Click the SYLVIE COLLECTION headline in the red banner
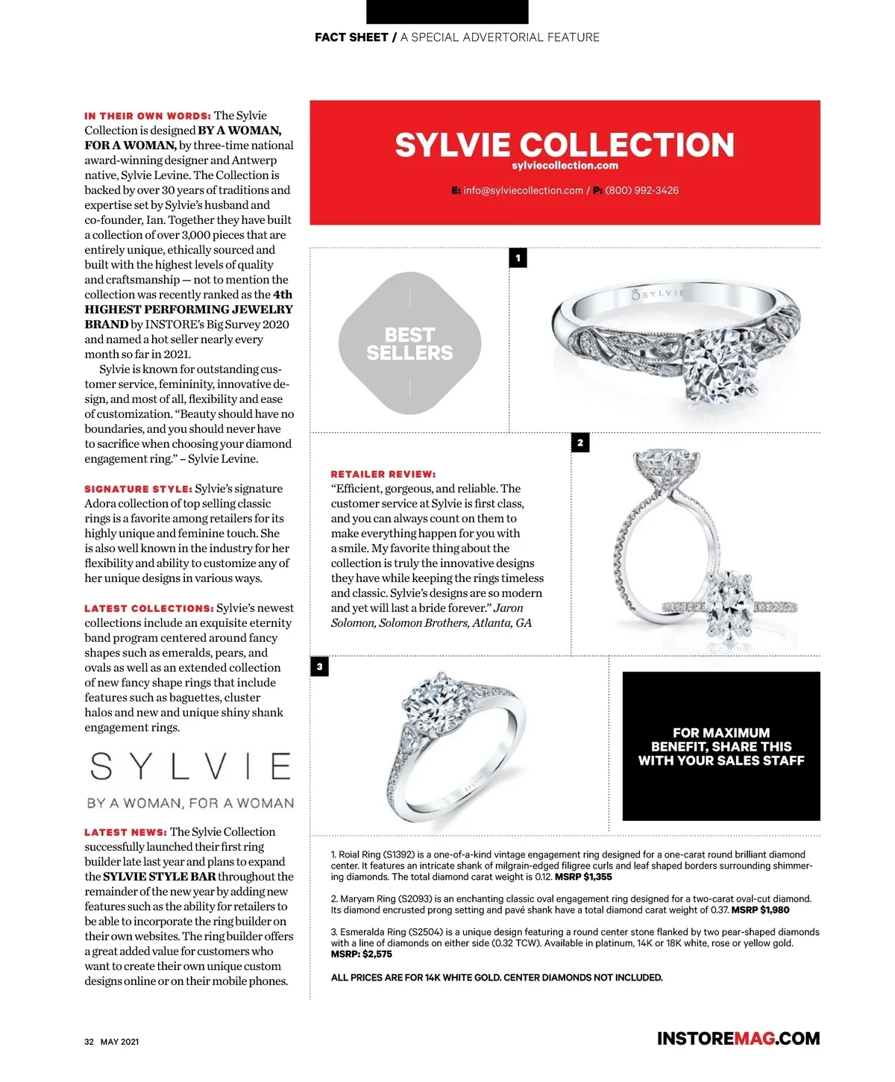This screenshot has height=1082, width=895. [565, 145]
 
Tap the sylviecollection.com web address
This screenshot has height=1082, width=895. [565, 166]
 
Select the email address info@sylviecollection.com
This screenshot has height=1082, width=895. [522, 190]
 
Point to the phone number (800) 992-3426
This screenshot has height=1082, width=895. [641, 190]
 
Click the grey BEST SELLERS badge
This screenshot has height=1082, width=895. [409, 343]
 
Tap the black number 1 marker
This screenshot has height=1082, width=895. [518, 257]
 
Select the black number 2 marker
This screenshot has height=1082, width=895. [580, 443]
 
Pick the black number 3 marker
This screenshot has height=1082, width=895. [319, 666]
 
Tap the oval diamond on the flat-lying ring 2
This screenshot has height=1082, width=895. [729, 604]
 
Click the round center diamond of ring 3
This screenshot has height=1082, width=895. [436, 702]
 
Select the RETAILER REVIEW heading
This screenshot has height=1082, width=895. [383, 474]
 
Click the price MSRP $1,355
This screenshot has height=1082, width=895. [583, 877]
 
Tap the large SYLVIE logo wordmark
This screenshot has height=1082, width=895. [190, 766]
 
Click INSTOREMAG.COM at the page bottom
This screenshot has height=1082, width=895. [738, 1038]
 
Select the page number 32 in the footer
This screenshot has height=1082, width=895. [89, 1042]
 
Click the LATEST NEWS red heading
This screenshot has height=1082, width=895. [125, 832]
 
